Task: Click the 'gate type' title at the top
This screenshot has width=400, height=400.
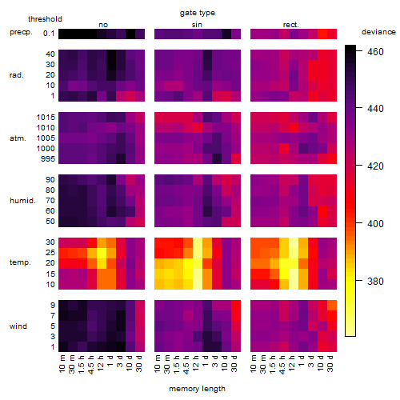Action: (198, 13)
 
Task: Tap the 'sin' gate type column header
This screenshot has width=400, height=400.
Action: (197, 25)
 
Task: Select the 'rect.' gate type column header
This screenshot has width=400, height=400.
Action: (291, 25)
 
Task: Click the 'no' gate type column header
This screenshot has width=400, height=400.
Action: (103, 25)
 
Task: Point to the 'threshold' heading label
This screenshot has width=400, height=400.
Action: (45, 19)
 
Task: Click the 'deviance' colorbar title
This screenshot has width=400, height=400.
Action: (378, 32)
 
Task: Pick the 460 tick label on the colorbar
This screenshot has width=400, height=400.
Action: (375, 51)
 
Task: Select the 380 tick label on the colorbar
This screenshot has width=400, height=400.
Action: (375, 281)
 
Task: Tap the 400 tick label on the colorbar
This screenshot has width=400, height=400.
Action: (375, 223)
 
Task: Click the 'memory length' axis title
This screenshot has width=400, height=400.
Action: (197, 389)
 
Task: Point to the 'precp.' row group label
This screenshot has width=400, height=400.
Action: (21, 32)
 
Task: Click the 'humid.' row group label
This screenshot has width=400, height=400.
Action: (22, 201)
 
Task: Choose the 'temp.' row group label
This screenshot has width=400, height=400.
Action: (20, 262)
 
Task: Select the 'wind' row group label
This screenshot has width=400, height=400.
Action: (18, 326)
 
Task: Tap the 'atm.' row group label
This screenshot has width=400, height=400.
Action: (18, 138)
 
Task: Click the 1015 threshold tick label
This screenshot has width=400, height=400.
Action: (46, 117)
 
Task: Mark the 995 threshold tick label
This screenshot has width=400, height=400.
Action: (48, 159)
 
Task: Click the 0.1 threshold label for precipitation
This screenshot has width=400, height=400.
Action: (49, 34)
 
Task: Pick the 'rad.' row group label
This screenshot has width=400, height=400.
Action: (17, 75)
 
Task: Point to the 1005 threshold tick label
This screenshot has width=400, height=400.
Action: (46, 138)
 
